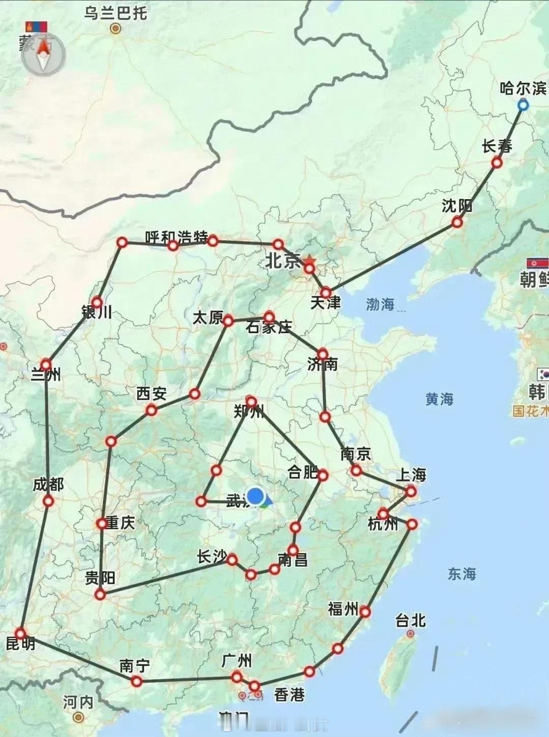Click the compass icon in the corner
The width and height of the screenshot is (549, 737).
pos(43,54)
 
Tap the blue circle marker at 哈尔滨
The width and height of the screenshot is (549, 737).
pos(523,105)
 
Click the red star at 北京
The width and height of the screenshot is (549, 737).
pos(310,261)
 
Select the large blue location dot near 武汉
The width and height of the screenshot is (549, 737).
pos(256,496)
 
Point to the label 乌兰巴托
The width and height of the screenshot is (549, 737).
pos(116,13)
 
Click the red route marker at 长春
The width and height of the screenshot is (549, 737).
pos(497,163)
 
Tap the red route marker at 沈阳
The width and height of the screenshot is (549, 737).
pos(457,222)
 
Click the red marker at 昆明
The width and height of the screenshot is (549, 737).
pos(20,633)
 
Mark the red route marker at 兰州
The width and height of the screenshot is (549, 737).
pos(46,364)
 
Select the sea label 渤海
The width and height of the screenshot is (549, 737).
pos(380,304)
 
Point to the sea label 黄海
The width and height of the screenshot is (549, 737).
pos(439,399)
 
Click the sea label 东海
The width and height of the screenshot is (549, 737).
pos(462,574)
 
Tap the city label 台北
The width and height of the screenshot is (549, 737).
pos(410,620)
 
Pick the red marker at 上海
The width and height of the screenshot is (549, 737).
pos(411,491)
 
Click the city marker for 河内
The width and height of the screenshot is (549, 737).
pos(78,717)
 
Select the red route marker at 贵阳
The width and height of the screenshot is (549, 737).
pos(101,594)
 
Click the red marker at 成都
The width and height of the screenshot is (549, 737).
pos(48,501)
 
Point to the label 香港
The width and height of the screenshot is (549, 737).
pos(289,694)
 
